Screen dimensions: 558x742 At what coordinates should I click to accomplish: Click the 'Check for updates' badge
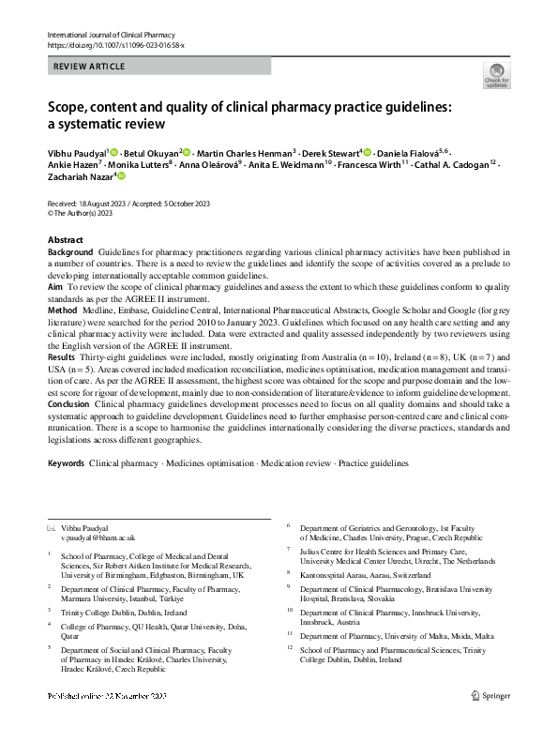pyautogui.click(x=497, y=75)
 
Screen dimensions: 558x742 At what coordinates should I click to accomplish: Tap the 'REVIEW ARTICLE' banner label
pyautogui.click(x=90, y=67)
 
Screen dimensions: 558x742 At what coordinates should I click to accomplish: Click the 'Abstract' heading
pyautogui.click(x=65, y=240)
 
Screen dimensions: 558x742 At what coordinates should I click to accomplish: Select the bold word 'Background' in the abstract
pyautogui.click(x=70, y=252)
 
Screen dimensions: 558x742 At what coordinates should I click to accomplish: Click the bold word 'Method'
pyautogui.click(x=62, y=309)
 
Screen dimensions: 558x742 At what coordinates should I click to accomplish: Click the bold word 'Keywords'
pyautogui.click(x=66, y=463)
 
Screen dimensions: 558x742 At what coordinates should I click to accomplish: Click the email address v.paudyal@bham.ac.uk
pyautogui.click(x=98, y=538)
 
